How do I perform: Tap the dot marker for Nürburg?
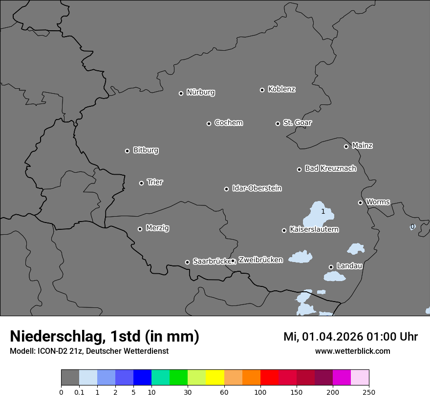click(181, 93)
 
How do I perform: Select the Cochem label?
click(229, 122)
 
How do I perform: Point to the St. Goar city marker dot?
click(278, 123)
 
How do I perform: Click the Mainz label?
click(362, 145)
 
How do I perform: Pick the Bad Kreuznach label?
click(330, 168)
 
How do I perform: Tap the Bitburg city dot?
click(127, 151)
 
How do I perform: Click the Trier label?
click(155, 182)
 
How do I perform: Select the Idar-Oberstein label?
click(257, 188)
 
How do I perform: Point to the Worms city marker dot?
click(360, 202)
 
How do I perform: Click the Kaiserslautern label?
click(314, 229)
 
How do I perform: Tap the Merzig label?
click(157, 228)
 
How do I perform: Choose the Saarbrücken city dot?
click(187, 262)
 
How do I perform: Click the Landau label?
click(349, 266)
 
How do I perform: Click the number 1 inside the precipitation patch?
click(323, 211)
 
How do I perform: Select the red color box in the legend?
click(269, 378)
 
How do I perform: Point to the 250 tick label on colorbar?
click(368, 392)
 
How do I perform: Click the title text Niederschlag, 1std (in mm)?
click(105, 336)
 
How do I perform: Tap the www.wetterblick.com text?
click(352, 351)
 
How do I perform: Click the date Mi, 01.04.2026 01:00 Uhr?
click(350, 337)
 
